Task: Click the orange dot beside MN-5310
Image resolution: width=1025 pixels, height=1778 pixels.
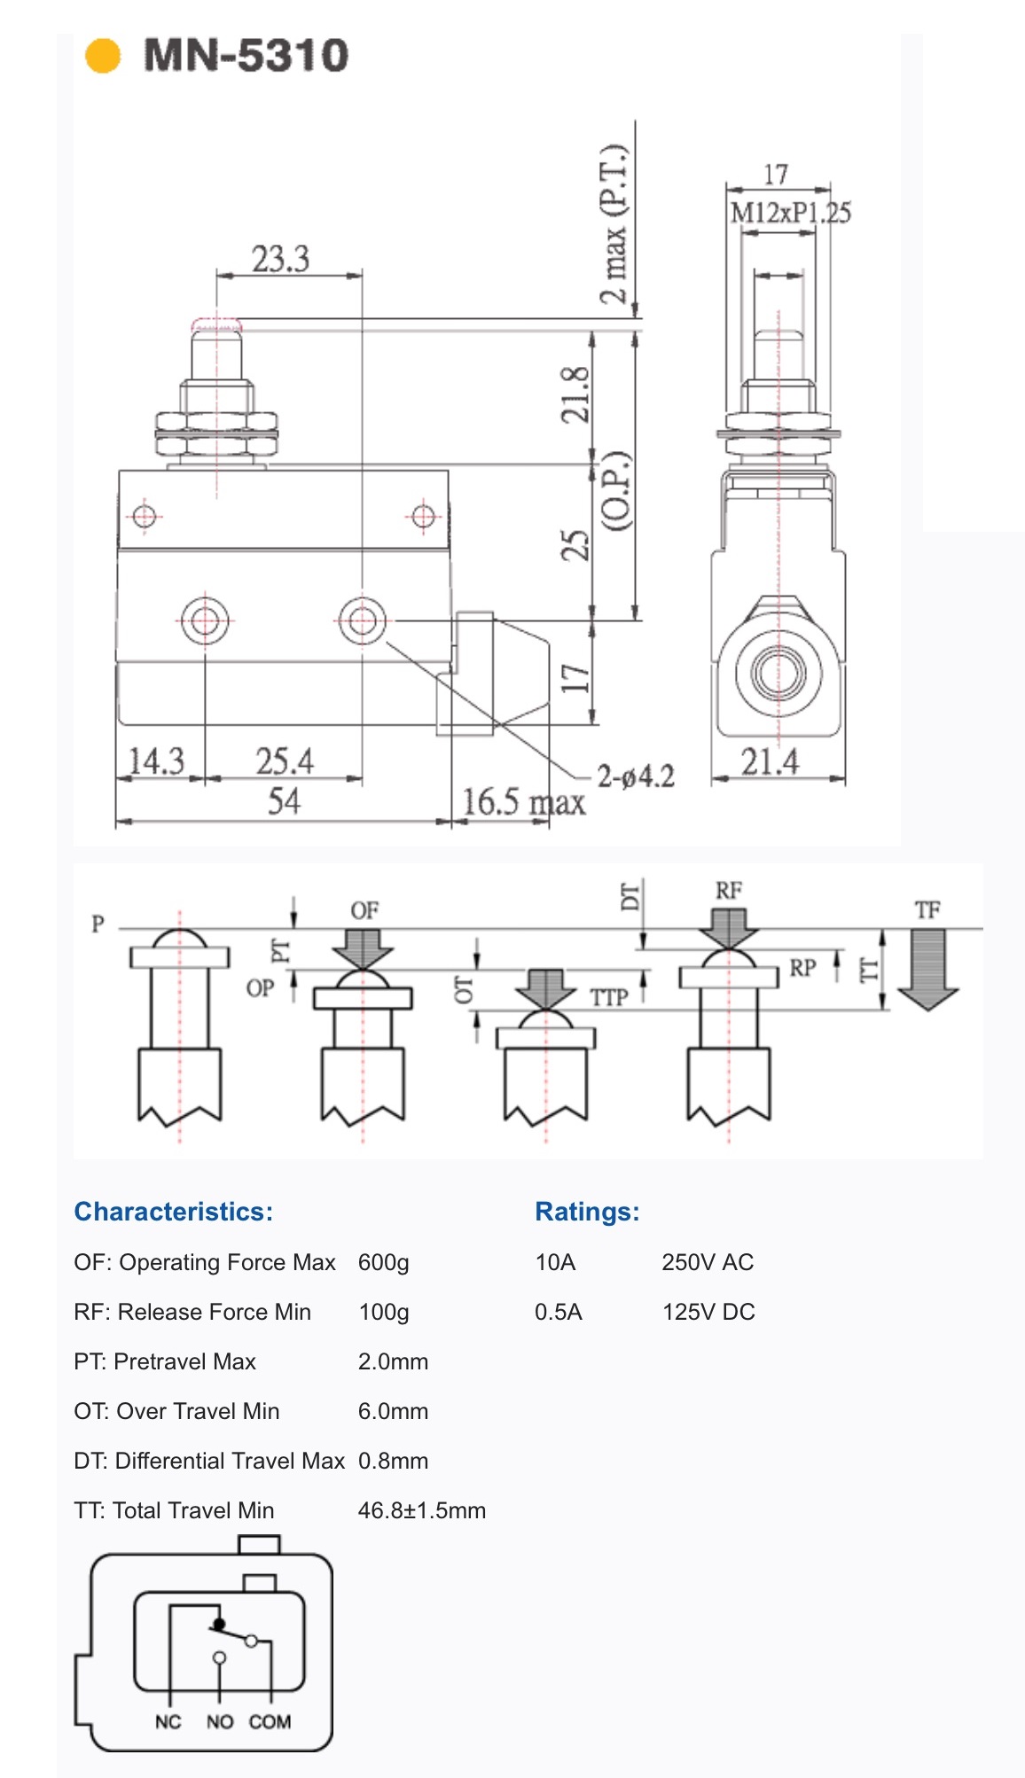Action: [102, 55]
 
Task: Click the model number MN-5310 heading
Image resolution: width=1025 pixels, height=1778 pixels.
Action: [246, 55]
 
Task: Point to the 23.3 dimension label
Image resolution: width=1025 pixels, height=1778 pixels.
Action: [280, 259]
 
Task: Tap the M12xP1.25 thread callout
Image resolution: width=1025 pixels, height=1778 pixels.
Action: [790, 213]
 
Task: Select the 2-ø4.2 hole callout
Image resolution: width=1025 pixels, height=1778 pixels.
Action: [635, 776]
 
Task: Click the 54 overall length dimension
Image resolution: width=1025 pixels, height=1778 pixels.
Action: [284, 801]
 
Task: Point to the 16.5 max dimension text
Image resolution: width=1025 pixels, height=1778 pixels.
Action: [523, 802]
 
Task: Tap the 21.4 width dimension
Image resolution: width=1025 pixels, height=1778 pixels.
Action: [770, 761]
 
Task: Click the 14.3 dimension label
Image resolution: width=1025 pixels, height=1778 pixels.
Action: [156, 761]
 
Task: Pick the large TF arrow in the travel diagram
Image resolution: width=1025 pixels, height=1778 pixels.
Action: [927, 969]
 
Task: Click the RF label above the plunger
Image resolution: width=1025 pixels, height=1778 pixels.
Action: [729, 890]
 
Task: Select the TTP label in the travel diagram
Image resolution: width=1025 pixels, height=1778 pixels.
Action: [609, 997]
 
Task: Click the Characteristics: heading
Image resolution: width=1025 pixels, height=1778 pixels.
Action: [174, 1212]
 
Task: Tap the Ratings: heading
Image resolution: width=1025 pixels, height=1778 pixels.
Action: [587, 1212]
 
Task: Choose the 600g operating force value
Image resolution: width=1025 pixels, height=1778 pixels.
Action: [383, 1262]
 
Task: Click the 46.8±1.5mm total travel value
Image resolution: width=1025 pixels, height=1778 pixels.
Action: [422, 1510]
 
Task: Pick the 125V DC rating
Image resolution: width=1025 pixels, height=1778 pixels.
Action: [708, 1312]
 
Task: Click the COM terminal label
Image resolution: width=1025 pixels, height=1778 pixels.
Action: [270, 1721]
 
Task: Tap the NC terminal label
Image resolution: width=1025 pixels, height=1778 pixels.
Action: [168, 1721]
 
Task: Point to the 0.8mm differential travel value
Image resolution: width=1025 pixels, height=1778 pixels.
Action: [393, 1461]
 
